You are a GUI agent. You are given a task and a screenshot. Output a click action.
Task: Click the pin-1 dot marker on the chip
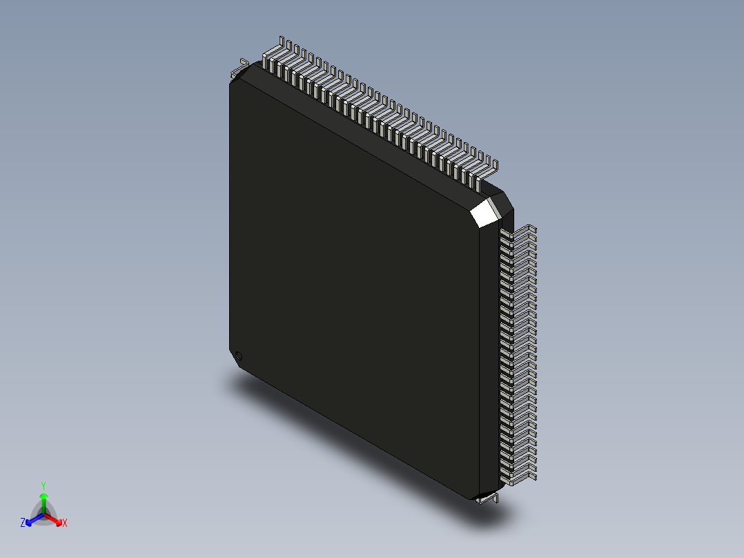coord(239,356)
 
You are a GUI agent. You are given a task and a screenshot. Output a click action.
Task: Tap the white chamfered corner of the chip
coord(485,213)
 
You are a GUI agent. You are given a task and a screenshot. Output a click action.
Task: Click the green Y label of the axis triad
coord(43,485)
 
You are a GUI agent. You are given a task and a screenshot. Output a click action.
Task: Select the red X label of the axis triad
coord(65,523)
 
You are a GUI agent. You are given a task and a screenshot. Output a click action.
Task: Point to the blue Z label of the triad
coord(23,523)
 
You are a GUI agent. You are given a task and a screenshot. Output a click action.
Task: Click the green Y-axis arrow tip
coord(43,496)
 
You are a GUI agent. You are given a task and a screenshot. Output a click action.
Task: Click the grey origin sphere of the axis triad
coord(43,514)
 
